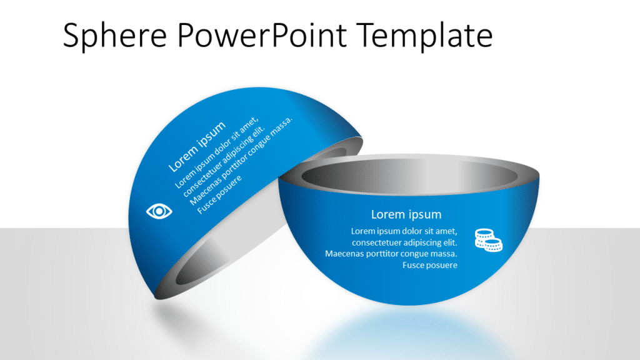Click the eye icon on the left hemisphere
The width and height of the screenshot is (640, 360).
(159, 211)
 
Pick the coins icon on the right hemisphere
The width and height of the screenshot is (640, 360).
(488, 240)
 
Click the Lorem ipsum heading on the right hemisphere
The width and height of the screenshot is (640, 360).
(406, 214)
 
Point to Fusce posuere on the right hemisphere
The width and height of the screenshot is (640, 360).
(430, 265)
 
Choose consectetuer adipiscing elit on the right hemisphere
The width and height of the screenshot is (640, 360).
(405, 242)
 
